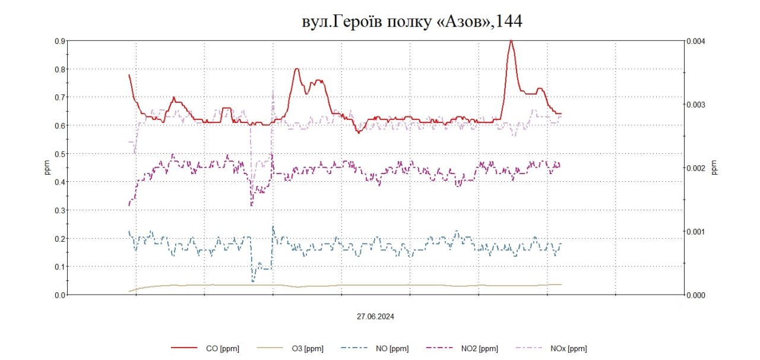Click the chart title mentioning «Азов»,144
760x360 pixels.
pos(411,21)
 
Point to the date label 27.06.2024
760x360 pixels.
pos(375,317)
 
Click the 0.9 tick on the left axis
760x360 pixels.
pos(59,41)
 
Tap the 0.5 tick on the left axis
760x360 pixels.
pos(59,154)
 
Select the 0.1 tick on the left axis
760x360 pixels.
pos(59,267)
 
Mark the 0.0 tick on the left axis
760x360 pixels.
pos(59,295)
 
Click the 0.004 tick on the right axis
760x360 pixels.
pos(695,41)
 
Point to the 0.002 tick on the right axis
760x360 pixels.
pos(695,168)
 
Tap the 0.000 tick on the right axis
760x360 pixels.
pos(695,295)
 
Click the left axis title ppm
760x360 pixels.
pos(47,168)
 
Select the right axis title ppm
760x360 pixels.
pos(715,168)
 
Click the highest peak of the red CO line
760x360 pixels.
pos(511,40)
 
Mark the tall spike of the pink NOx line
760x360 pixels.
pos(273,93)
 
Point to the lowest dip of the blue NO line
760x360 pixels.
pos(253,280)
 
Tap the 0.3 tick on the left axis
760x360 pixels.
pos(59,210)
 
